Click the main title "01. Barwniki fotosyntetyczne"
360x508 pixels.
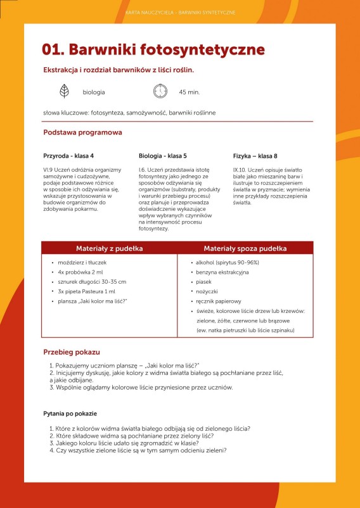[x=153, y=50]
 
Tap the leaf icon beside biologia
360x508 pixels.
[x=64, y=92]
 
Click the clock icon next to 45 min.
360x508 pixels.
[x=160, y=92]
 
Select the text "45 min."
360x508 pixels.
[x=190, y=92]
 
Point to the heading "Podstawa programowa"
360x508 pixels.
[x=82, y=133]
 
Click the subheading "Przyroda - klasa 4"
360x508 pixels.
[x=68, y=155]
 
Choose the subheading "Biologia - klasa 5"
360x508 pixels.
[x=162, y=155]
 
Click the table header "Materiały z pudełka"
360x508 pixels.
[x=109, y=248]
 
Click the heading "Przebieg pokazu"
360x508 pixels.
[x=72, y=352]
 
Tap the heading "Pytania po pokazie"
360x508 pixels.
[x=70, y=414]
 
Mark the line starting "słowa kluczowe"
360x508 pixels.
[x=129, y=113]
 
